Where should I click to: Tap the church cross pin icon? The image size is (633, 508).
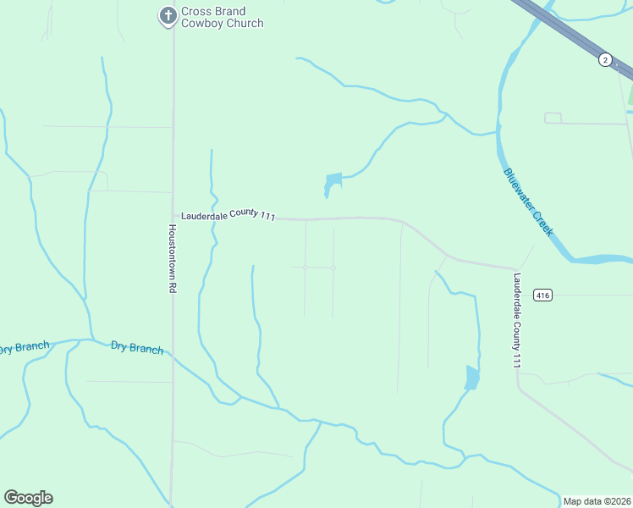coord(168,15)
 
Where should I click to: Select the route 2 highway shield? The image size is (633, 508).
coord(605,59)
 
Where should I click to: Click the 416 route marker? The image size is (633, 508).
coord(543,295)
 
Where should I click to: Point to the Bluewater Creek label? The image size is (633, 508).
coord(528,202)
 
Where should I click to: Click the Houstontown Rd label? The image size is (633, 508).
coord(172,258)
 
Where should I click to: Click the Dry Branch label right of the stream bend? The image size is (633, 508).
coord(136,347)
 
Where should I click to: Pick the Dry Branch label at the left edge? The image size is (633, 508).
coord(24,347)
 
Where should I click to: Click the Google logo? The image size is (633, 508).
coord(28,498)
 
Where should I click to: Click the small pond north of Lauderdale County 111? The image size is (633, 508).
coord(333,183)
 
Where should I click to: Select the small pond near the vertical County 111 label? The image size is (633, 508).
coord(472,378)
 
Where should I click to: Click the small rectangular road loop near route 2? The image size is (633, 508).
coord(553,118)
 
